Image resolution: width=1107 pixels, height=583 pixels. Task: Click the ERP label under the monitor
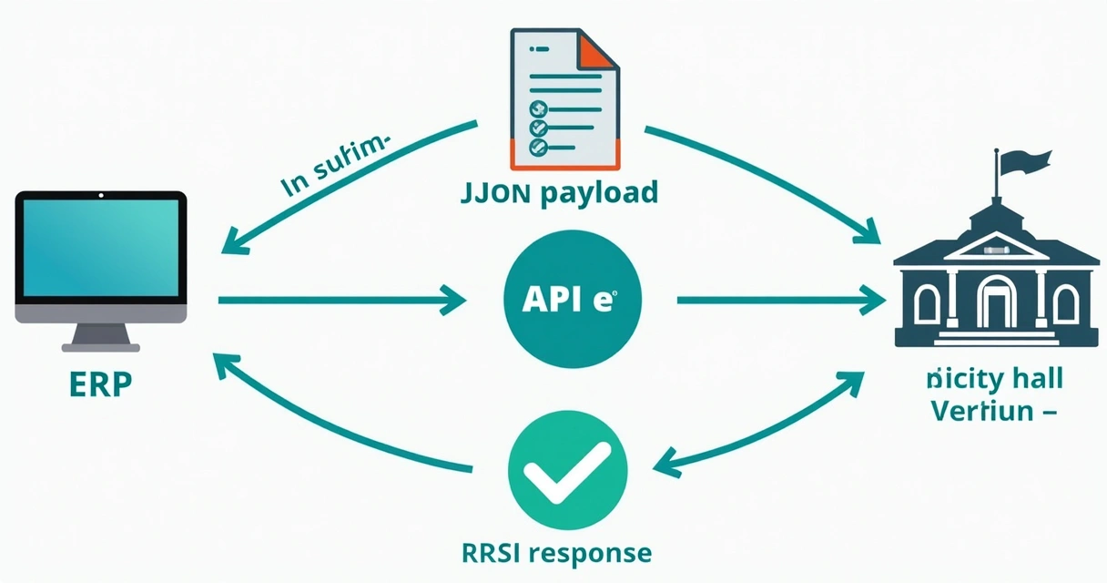100,383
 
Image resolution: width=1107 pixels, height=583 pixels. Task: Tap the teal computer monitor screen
101,249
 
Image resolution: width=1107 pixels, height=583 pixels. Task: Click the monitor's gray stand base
100,345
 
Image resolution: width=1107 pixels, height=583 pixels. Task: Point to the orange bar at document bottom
564,154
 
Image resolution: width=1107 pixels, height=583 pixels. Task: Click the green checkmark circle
567,473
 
